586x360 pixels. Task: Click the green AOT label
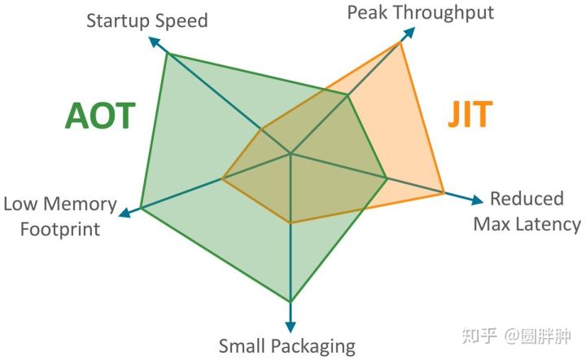pos(100,116)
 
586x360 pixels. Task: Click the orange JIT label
pos(470,114)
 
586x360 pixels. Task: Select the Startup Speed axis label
pos(146,20)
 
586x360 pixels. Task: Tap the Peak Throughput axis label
pos(421,12)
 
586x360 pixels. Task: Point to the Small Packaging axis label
pos(286,346)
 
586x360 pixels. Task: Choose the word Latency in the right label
pos(549,224)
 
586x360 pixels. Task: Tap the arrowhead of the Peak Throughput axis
pos(409,33)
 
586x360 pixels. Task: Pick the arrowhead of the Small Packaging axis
pos(291,327)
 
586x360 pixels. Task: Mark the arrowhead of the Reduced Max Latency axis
pos(477,200)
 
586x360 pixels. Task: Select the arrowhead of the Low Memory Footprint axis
pos(125,213)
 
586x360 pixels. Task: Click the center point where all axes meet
pos(291,153)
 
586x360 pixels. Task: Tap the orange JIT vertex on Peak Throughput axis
pos(400,42)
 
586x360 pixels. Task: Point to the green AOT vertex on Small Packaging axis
pos(291,301)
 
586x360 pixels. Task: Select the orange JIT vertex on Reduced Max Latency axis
pos(444,193)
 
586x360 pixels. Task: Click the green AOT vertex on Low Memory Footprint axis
pos(141,207)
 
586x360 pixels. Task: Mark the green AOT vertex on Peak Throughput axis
pos(348,95)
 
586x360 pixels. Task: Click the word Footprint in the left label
pos(60,230)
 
